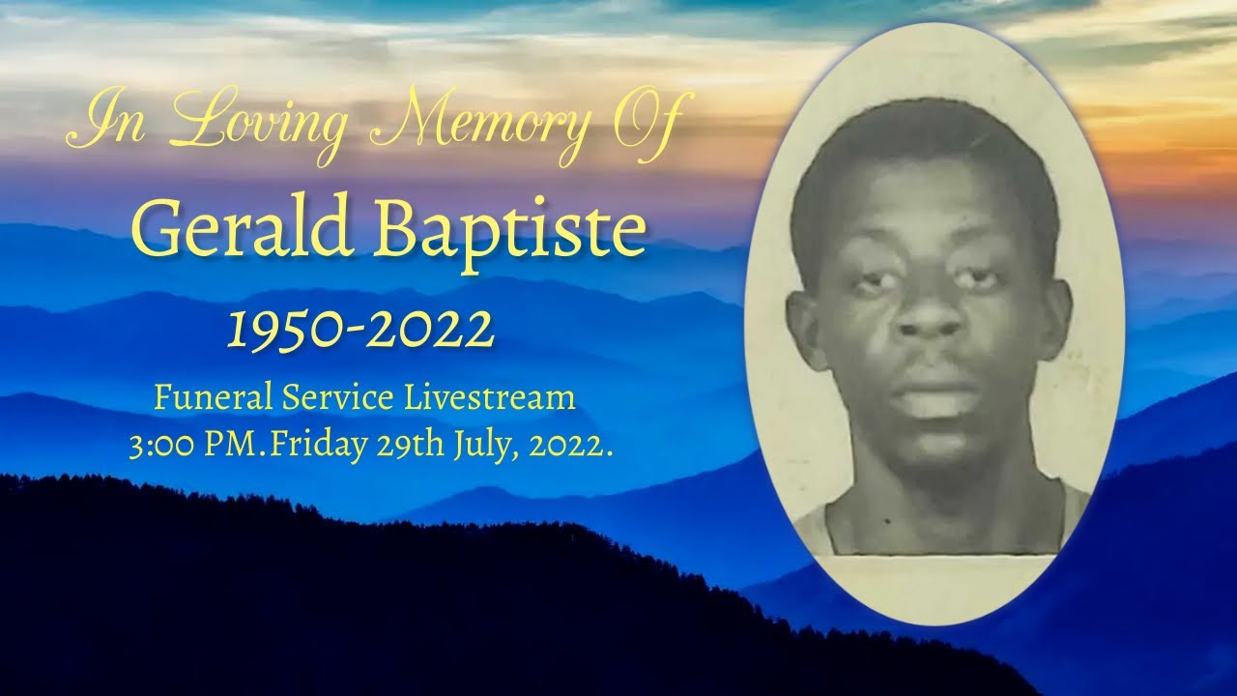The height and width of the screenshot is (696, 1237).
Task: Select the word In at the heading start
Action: click(x=99, y=124)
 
